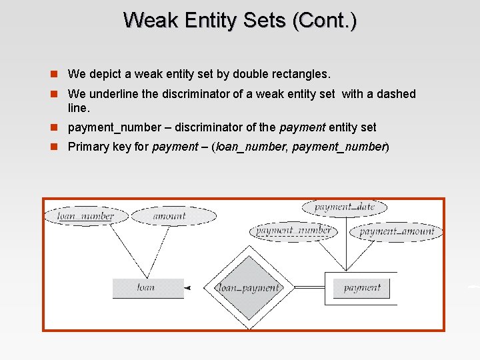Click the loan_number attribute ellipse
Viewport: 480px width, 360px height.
click(85, 216)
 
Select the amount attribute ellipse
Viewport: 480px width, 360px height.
click(173, 216)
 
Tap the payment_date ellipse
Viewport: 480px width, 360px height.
click(345, 207)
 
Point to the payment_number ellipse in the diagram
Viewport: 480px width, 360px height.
click(293, 231)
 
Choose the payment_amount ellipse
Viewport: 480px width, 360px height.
click(397, 232)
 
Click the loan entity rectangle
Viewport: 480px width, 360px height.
click(148, 288)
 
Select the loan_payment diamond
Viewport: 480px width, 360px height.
click(249, 288)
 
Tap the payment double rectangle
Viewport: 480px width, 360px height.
click(361, 288)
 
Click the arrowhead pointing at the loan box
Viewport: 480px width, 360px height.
click(188, 288)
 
